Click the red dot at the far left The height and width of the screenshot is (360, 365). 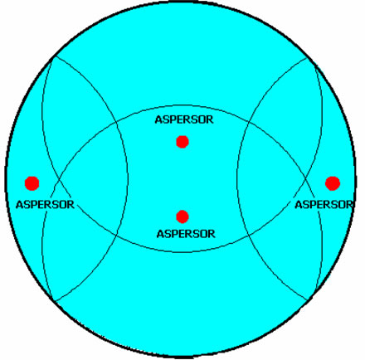tap(32, 183)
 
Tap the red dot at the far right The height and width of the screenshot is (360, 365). tap(333, 183)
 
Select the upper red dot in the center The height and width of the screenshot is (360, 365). tap(182, 142)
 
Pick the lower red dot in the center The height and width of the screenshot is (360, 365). tap(182, 216)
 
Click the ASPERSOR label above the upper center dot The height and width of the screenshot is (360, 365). tap(184, 119)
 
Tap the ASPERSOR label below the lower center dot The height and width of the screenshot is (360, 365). tap(186, 234)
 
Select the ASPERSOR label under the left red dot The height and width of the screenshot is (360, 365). tap(45, 205)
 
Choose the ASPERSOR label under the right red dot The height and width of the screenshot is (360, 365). tap(324, 205)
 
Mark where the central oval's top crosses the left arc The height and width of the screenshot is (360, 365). tap(116, 121)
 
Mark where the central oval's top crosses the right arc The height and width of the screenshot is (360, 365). tap(249, 121)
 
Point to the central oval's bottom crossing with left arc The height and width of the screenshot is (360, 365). tap(115, 235)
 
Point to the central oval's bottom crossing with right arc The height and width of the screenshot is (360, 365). tap(249, 235)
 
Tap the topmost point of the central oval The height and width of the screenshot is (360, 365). tap(184, 105)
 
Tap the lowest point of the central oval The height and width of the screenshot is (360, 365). tap(184, 252)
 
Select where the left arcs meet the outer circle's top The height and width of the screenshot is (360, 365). tap(55, 56)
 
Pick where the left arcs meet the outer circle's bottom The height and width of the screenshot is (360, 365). tap(54, 301)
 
